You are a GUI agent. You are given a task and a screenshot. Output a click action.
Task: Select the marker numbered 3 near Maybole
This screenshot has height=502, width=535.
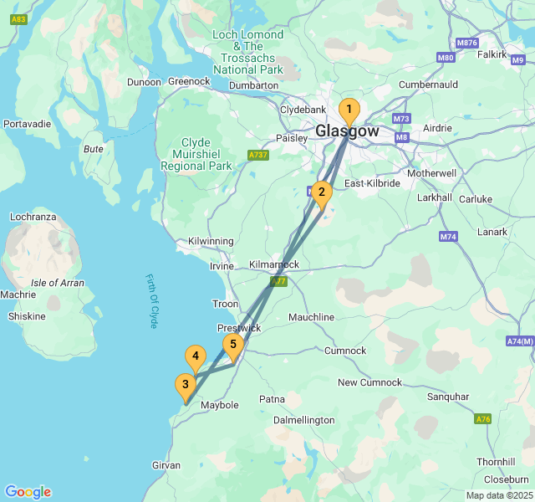coord(186,386)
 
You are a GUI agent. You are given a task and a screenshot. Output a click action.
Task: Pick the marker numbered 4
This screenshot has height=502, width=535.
coord(196,357)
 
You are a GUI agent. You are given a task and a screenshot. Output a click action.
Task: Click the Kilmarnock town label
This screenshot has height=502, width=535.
coord(274,264)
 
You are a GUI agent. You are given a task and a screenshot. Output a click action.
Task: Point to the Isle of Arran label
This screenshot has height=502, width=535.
coord(57,283)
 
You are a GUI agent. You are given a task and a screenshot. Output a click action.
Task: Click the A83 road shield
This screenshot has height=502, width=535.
coord(16,18)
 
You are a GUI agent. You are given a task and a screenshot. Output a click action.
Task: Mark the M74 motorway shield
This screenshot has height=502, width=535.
coord(448,237)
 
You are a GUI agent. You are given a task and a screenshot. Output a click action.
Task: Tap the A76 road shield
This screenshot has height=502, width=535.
coord(482,418)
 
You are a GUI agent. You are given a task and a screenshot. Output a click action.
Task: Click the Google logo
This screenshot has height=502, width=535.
coord(28,491)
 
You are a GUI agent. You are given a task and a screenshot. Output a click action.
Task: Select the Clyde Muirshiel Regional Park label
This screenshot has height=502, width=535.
coord(196,154)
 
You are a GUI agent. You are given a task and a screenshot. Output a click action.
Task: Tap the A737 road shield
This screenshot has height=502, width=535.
coord(258,155)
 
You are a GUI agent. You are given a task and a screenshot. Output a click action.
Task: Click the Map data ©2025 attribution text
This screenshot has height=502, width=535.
coord(498,495)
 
